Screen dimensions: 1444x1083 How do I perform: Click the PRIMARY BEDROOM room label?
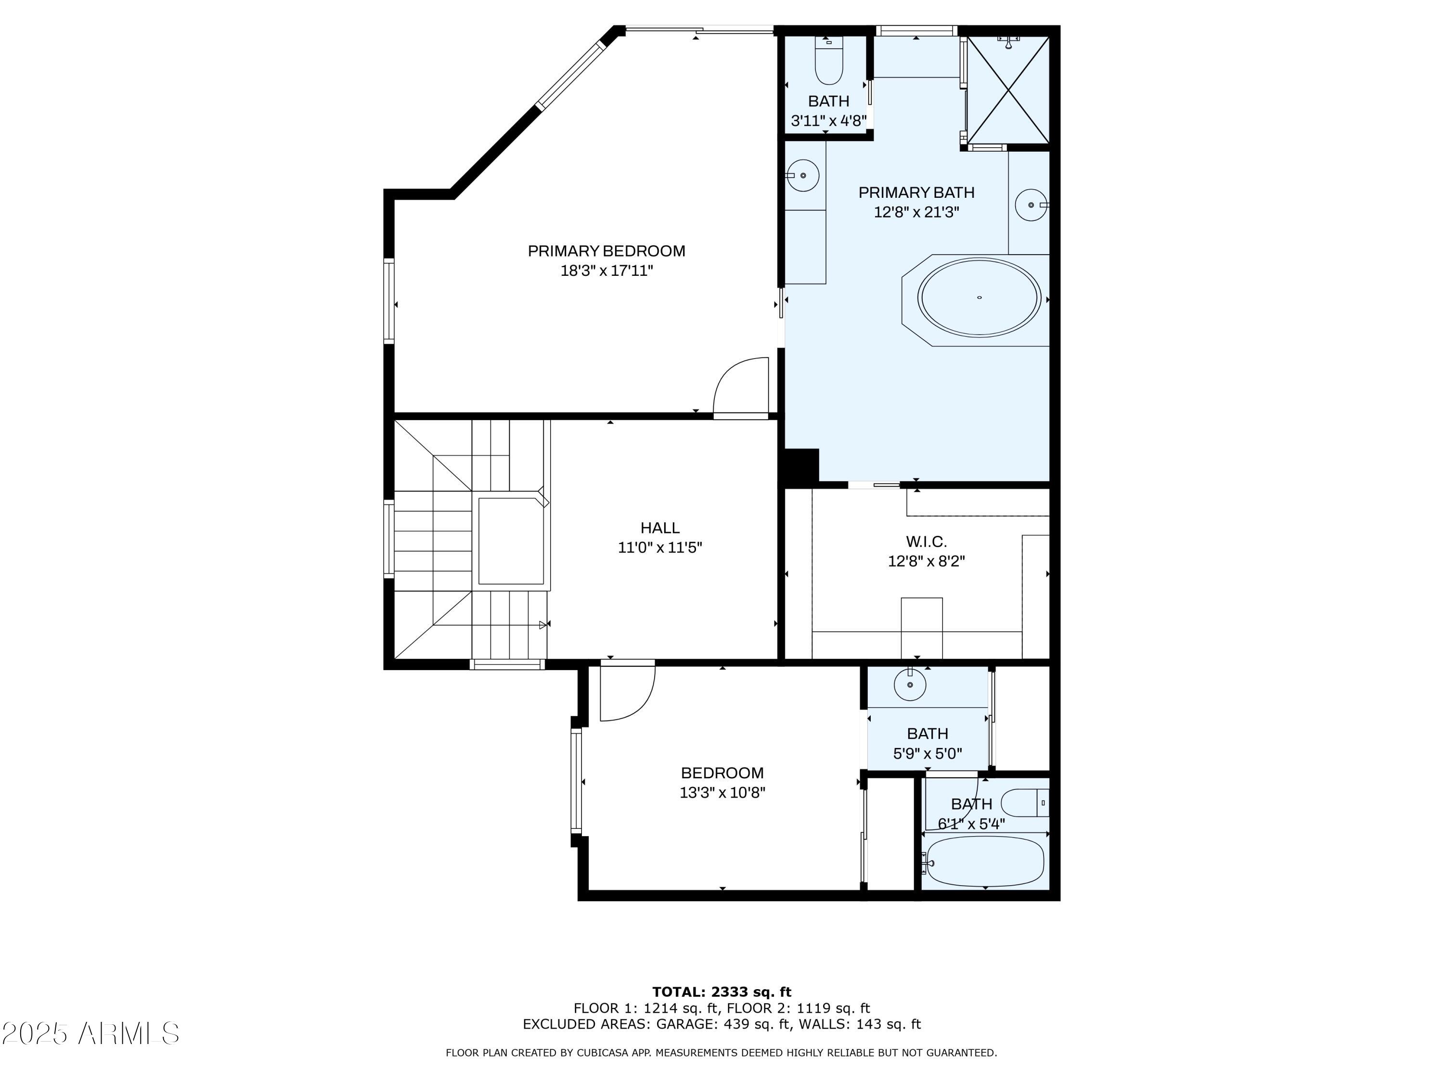coord(606,251)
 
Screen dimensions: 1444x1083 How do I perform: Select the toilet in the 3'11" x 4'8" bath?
coord(829,60)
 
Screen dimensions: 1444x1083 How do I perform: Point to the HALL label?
coord(660,528)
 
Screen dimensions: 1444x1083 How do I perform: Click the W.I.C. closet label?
coord(927,541)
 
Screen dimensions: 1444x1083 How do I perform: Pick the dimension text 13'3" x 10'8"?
coord(722,792)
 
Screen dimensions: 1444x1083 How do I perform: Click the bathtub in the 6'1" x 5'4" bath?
coord(985,862)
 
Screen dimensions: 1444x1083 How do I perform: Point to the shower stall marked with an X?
coord(1008,90)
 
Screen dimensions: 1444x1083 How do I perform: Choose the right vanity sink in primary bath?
coord(1032,205)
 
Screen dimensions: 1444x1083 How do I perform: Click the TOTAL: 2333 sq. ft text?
coord(722,992)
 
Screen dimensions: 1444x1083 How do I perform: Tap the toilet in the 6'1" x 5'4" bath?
coord(1025,803)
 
